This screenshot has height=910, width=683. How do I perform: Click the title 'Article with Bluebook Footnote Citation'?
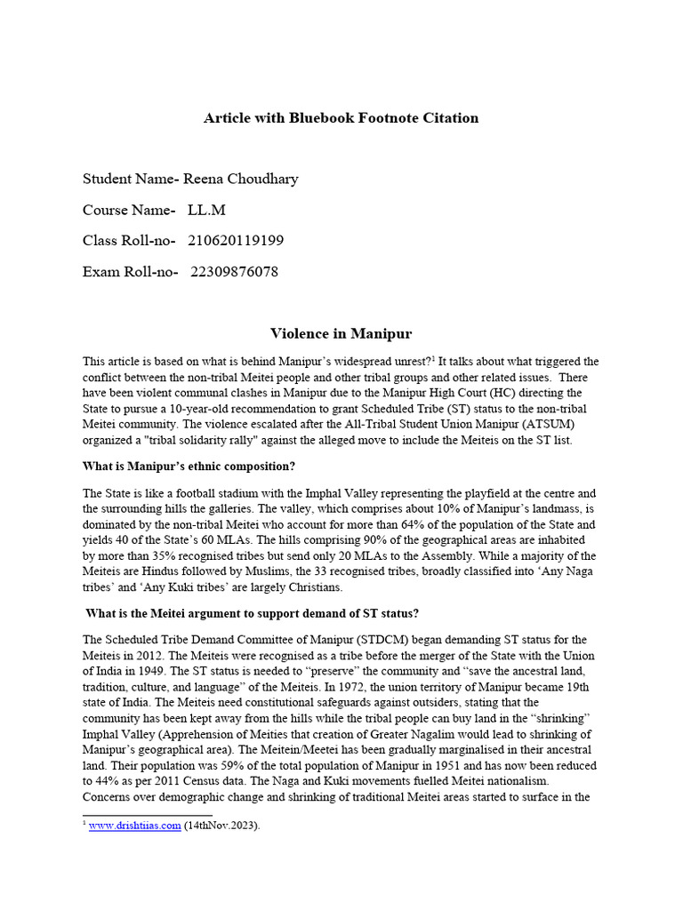pyautogui.click(x=341, y=117)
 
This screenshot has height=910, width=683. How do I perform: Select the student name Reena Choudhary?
pyautogui.click(x=241, y=179)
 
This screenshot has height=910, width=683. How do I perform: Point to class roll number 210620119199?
pyautogui.click(x=236, y=241)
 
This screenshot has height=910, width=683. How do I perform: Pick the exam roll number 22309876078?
pyautogui.click(x=234, y=272)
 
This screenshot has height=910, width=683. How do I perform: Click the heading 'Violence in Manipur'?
pyautogui.click(x=341, y=334)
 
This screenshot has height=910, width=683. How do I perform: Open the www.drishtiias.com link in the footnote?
pyautogui.click(x=134, y=824)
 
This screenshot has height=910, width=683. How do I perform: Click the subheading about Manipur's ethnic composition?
pyautogui.click(x=189, y=467)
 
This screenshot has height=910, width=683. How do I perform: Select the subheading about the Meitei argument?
pyautogui.click(x=253, y=613)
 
